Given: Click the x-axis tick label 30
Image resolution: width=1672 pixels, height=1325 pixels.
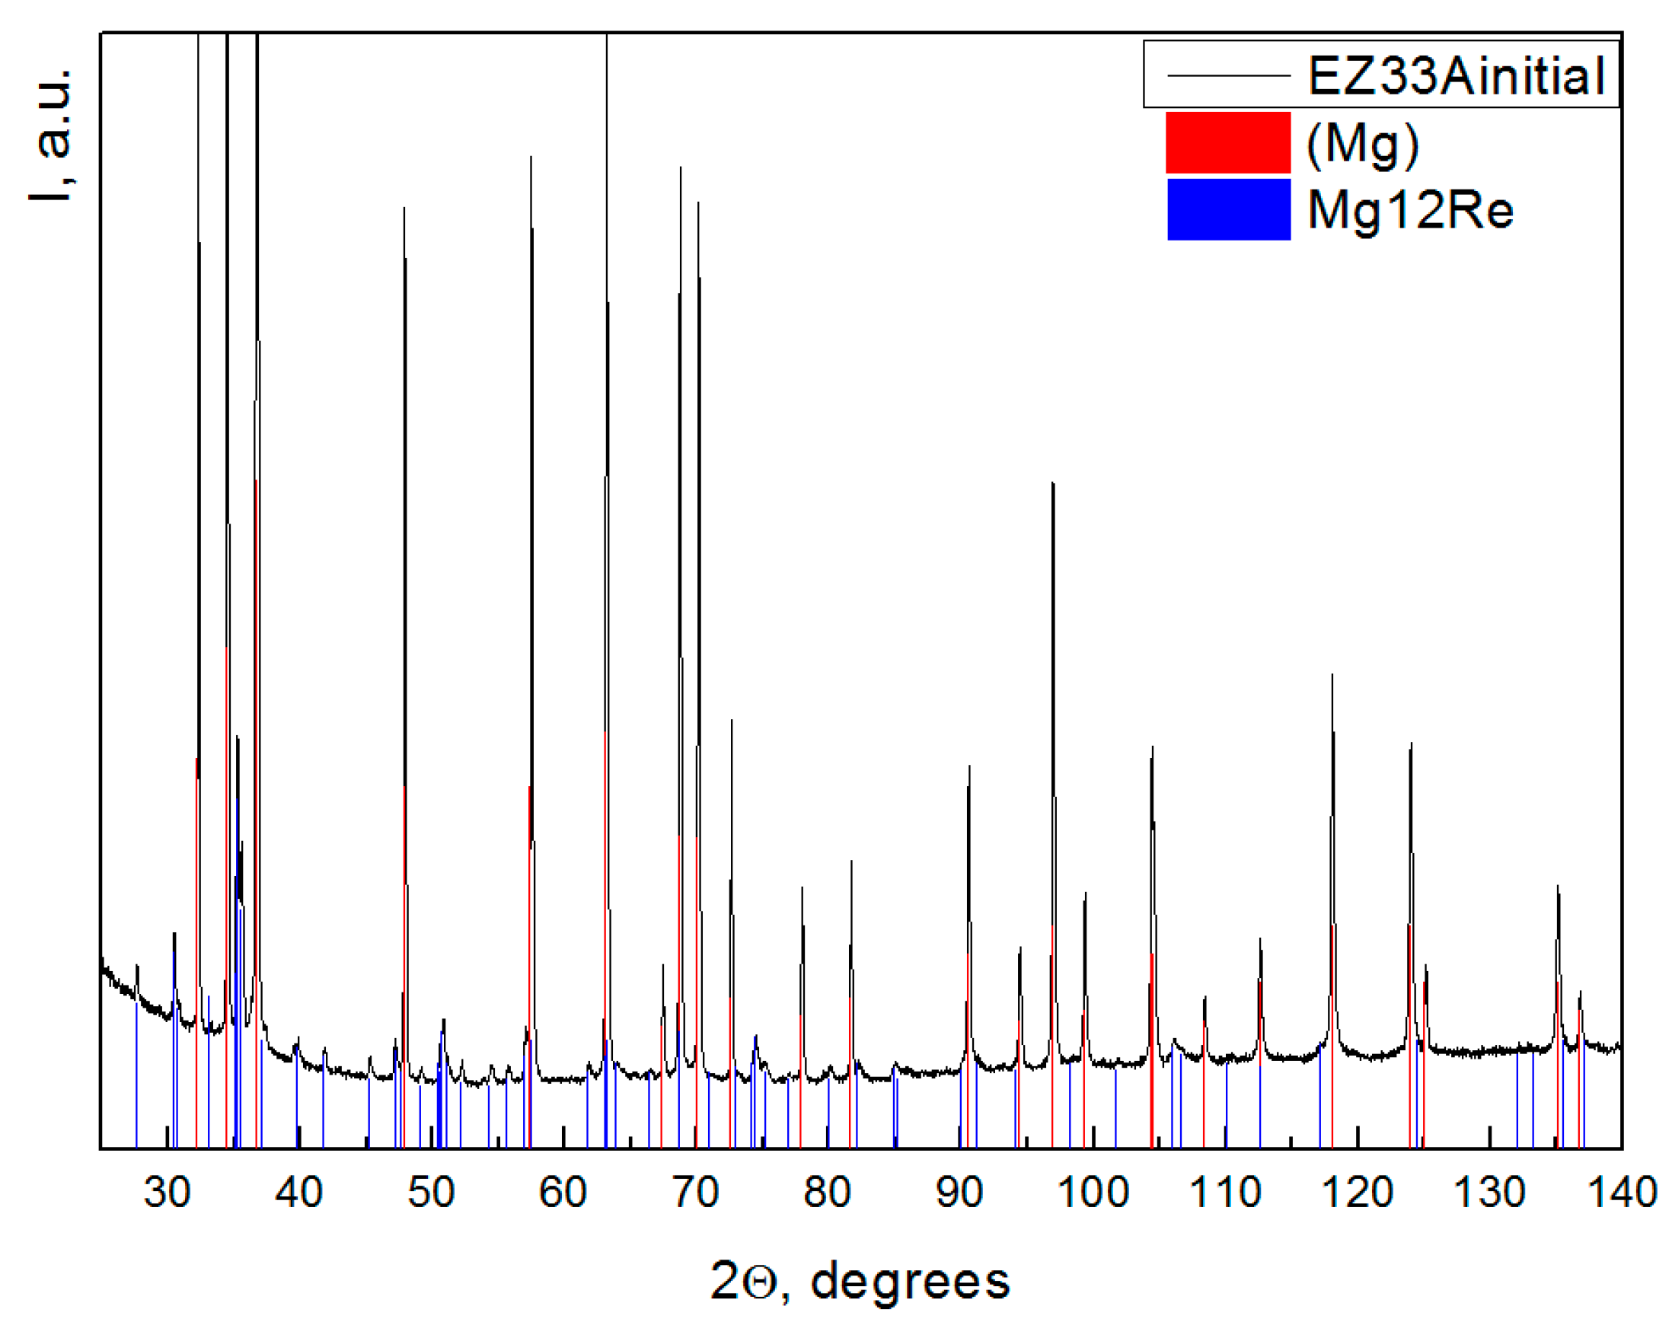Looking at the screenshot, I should click(x=167, y=1192).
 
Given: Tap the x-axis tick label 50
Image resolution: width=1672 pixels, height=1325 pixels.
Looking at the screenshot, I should click(x=431, y=1192).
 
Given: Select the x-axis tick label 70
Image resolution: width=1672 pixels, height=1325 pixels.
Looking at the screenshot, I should click(x=696, y=1192).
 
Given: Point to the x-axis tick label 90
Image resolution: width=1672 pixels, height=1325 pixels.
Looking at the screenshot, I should click(x=959, y=1192).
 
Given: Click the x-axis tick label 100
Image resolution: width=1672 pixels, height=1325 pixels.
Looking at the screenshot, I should click(x=1093, y=1192).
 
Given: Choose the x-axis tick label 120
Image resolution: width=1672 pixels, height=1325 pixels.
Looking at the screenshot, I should click(x=1357, y=1192).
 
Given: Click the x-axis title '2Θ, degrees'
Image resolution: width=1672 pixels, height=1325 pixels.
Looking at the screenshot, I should click(x=860, y=1281).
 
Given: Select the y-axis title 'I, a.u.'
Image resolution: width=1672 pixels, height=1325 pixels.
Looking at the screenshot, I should click(x=51, y=135).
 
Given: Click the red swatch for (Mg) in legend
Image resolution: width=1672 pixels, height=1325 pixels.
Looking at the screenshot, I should click(x=1228, y=142).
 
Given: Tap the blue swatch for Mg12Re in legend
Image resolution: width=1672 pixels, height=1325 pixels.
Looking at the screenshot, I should click(x=1228, y=209).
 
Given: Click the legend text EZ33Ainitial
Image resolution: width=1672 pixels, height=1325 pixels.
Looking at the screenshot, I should click(x=1457, y=76).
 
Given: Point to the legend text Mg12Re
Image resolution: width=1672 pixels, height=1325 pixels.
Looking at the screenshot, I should click(x=1410, y=209).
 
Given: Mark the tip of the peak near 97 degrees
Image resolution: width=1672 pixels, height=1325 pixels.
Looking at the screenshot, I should click(x=1052, y=483).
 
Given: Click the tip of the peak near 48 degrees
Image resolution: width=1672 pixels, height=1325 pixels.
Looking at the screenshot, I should click(x=404, y=208).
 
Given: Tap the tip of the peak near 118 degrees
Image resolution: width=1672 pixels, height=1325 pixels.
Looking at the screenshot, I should click(x=1332, y=674).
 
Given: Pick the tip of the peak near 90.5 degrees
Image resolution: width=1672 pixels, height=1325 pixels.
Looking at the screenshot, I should click(x=969, y=766).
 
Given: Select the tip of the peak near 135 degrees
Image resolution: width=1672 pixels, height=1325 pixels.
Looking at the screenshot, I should click(x=1558, y=885).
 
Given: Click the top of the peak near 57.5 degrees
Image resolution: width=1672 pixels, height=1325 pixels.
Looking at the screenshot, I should click(x=531, y=157).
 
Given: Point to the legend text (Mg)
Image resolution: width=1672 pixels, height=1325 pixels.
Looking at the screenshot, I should click(x=1363, y=142).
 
